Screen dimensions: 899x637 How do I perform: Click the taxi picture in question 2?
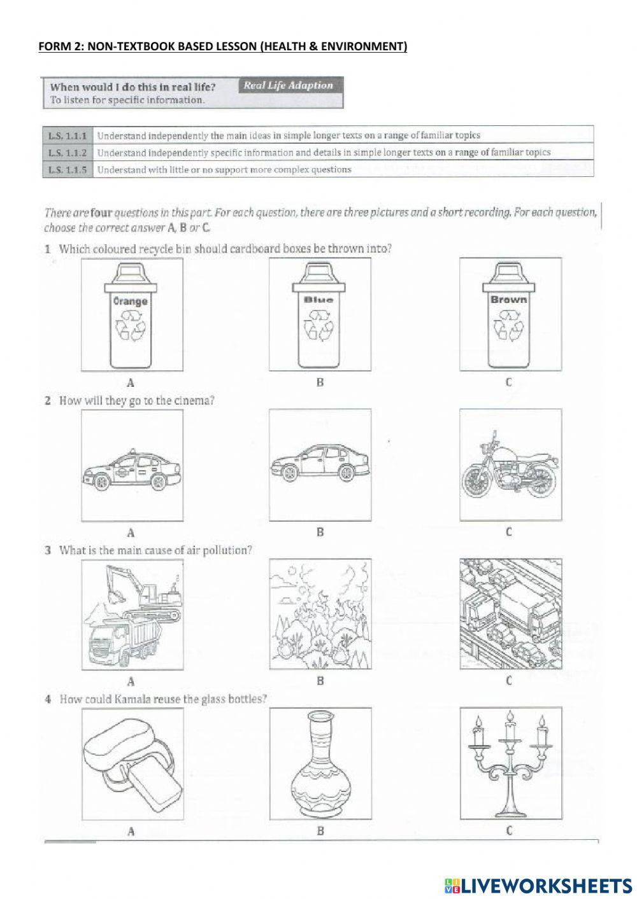(x=132, y=471)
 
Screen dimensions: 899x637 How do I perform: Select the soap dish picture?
(x=132, y=763)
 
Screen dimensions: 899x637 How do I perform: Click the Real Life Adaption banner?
(x=289, y=85)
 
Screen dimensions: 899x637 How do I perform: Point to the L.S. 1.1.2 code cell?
(x=67, y=153)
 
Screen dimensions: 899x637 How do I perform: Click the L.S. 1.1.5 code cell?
(x=67, y=170)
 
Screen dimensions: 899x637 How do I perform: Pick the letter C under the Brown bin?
(x=508, y=382)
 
